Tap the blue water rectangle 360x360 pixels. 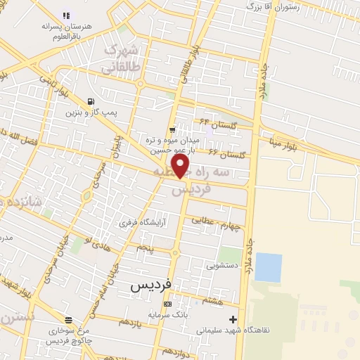(x=268, y=267)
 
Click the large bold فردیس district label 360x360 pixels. (x=150, y=286)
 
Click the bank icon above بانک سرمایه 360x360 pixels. (x=167, y=304)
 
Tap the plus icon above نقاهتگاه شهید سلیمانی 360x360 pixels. (x=233, y=319)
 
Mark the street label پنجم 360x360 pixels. (x=143, y=248)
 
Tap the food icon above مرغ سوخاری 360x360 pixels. (x=67, y=319)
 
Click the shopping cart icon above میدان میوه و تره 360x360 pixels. (x=172, y=130)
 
